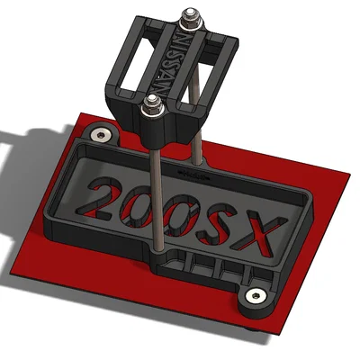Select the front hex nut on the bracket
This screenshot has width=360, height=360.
point(151,108)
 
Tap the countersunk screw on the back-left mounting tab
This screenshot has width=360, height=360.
point(102,135)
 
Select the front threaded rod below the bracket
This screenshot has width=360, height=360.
point(157,198)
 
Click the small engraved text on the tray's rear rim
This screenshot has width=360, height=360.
point(193,171)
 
